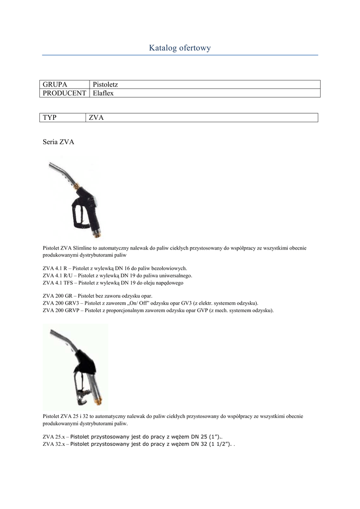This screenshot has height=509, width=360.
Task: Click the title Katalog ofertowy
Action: click(x=180, y=48)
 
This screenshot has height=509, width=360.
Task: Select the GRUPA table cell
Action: click(x=55, y=85)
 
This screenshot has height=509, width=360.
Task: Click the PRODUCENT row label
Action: click(x=64, y=93)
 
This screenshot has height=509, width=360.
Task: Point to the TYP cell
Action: click(x=50, y=117)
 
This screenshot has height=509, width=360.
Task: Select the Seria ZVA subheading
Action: click(x=59, y=142)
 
